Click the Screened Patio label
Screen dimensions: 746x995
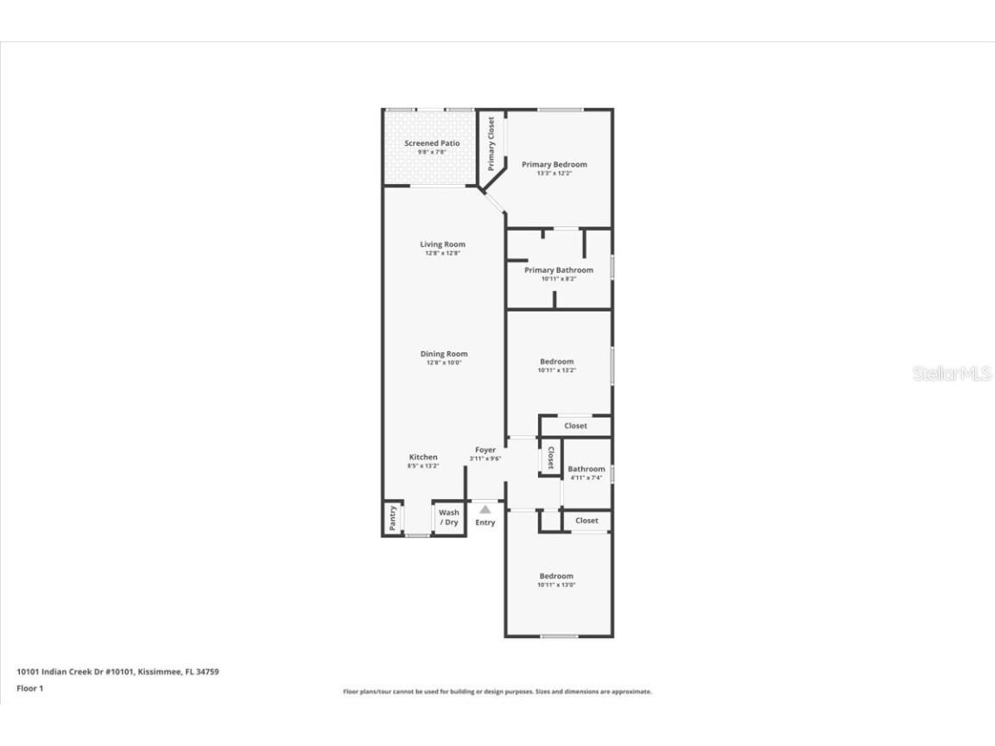[x=432, y=143]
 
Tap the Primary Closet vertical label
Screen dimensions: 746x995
[x=491, y=143]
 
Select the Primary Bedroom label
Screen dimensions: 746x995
[x=554, y=164]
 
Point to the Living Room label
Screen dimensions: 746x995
[x=442, y=244]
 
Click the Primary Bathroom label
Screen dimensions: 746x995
[x=559, y=270]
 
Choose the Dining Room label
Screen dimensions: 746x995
[x=444, y=354]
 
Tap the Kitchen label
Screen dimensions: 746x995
[x=423, y=457]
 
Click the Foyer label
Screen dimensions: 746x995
[x=485, y=450]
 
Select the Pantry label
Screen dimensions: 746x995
[x=393, y=518]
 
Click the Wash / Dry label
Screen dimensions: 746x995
[x=449, y=517]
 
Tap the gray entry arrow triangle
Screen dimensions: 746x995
[x=485, y=509]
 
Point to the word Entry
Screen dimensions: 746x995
[x=485, y=522]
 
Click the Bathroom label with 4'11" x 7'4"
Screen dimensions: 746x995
[x=586, y=469]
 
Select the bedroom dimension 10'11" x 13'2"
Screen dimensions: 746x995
[x=556, y=370]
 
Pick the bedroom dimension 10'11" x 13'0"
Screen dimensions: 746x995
[x=556, y=585]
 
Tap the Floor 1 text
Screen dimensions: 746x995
[x=29, y=688]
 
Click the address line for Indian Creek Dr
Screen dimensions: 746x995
[x=117, y=671]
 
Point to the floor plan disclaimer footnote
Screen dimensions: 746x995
[x=497, y=692]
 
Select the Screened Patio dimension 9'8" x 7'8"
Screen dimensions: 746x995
[x=432, y=152]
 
